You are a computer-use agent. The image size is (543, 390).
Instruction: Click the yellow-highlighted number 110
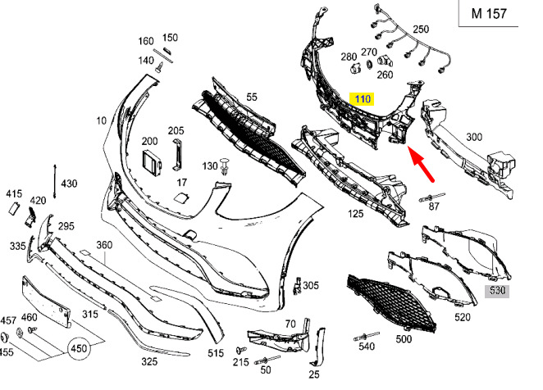[362, 99]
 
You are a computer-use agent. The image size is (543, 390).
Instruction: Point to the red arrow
[421, 164]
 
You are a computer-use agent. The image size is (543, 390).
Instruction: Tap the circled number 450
[79, 348]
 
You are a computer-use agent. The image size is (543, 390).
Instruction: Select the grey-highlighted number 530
[497, 291]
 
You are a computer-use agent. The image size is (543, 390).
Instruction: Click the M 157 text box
[489, 13]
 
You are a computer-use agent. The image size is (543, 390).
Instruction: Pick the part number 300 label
[474, 137]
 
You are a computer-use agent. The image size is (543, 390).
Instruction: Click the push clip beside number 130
[226, 166]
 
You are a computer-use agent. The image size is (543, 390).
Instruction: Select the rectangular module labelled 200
[151, 161]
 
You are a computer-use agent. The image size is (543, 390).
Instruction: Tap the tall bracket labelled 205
[178, 154]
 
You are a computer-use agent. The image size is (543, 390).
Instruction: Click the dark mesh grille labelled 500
[391, 303]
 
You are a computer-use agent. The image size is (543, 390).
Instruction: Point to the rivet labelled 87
[431, 197]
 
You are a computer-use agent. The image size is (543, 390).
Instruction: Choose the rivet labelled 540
[366, 336]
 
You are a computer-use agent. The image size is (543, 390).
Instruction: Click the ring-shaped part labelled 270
[369, 65]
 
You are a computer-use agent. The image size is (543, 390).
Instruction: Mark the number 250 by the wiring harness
[421, 29]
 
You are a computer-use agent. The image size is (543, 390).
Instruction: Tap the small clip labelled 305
[297, 286]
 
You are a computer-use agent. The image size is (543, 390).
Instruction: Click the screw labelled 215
[241, 350]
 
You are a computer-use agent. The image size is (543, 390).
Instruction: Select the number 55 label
[252, 97]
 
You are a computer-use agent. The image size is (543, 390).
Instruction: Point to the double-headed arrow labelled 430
[54, 182]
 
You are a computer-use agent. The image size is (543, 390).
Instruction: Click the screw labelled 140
[160, 67]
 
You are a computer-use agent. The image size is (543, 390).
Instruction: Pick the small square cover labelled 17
[181, 198]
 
